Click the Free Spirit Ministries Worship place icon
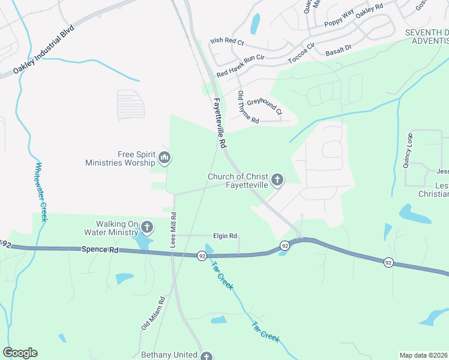tap(164, 158)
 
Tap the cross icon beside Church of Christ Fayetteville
tap(277, 179)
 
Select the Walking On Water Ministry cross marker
tap(148, 227)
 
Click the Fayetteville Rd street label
tap(219, 124)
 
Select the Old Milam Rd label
tap(153, 315)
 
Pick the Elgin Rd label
tap(225, 236)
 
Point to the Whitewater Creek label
tap(41, 192)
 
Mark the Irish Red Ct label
tap(227, 42)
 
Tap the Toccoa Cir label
tap(301, 53)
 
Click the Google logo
tap(20, 353)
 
